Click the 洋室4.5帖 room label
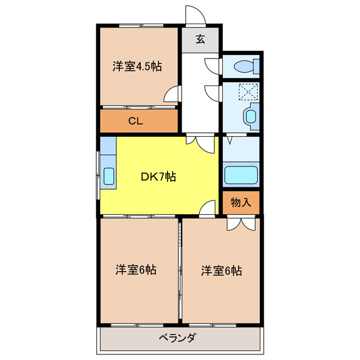pos(137,66)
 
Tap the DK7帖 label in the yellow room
pos(158,177)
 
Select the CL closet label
pos(135,121)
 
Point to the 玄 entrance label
pos(200,39)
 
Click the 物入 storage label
pos(241,202)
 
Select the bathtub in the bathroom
pos(241,175)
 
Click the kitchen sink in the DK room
pos(109,177)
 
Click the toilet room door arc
pos(212,64)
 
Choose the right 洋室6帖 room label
pos(222,271)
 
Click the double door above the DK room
pos(200,143)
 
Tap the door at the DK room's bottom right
pos(209,208)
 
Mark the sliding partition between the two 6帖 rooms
pos(180,270)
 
